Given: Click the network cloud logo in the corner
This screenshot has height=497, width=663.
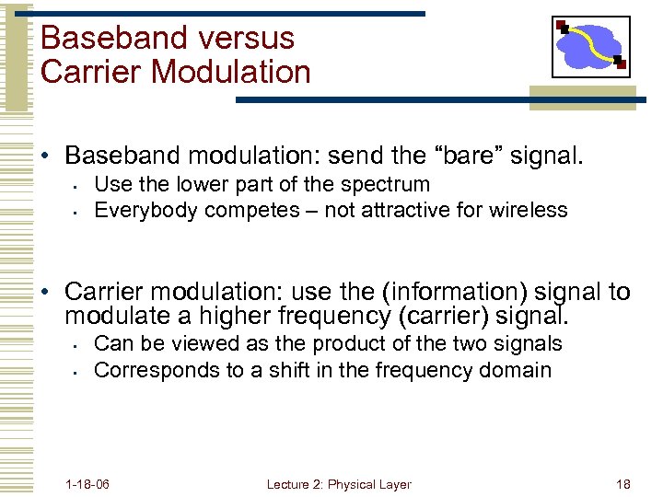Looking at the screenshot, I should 590,46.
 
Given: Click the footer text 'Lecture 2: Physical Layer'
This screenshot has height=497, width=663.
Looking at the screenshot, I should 339,484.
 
